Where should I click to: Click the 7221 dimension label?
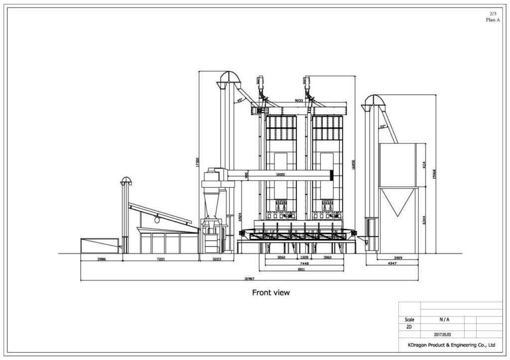coord(160,259)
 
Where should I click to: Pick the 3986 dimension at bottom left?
coord(101,259)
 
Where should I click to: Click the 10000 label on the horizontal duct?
coord(280,175)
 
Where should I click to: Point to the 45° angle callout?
coord(240,100)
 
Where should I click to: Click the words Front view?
coord(270,293)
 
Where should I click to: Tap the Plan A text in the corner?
coord(493,20)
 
